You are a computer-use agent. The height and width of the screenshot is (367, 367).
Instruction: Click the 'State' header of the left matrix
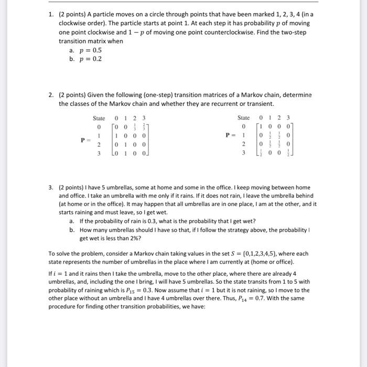(99, 118)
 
